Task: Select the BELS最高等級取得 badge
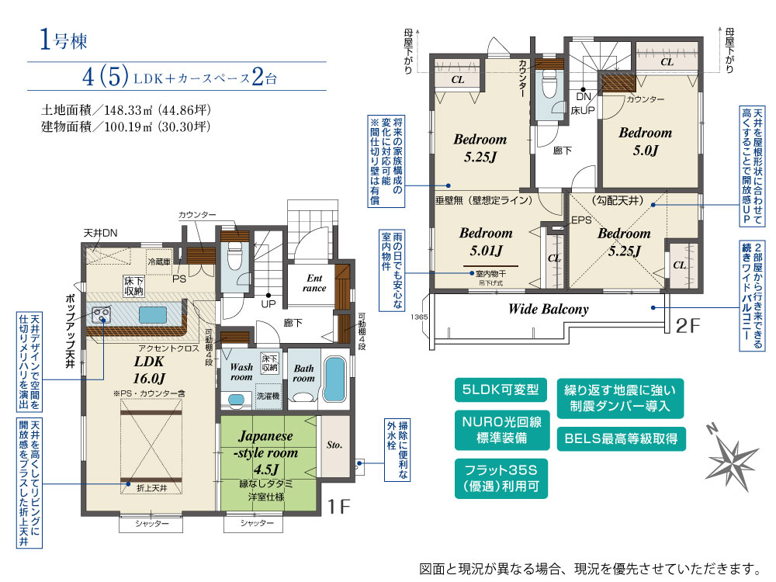(622, 438)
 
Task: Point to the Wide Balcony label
(548, 309)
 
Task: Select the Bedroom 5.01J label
(486, 241)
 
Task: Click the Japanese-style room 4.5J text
(268, 453)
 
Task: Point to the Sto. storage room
(334, 445)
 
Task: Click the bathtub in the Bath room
(336, 380)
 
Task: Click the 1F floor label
(340, 507)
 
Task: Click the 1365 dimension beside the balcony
(418, 317)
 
